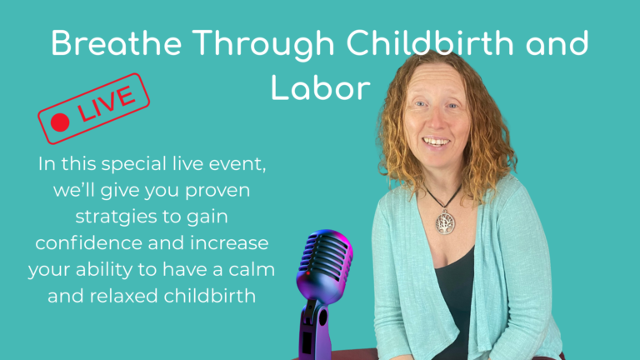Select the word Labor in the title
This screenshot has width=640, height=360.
[x=320, y=86]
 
